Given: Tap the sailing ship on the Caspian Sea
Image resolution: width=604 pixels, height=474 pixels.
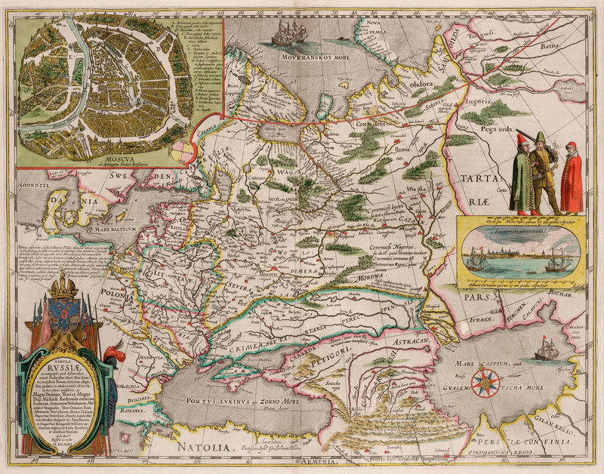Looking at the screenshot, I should pos(546,349).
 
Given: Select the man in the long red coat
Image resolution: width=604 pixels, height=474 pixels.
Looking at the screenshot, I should pos(572,177).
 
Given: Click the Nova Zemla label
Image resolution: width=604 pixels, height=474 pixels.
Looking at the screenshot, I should pos(372,26).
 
